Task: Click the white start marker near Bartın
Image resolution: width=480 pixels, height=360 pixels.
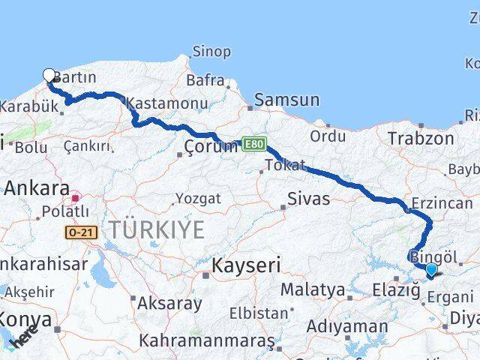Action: [x=49, y=75]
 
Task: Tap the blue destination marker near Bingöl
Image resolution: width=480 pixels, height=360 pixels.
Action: [x=431, y=269]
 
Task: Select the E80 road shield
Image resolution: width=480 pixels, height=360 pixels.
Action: [x=253, y=142]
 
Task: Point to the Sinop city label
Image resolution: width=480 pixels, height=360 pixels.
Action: [x=211, y=52]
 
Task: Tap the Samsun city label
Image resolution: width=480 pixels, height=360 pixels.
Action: [x=286, y=100]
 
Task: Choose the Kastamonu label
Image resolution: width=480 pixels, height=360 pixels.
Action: [x=166, y=103]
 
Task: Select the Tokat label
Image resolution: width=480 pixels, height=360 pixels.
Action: [x=284, y=165]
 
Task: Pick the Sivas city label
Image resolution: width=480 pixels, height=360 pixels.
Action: [x=309, y=199]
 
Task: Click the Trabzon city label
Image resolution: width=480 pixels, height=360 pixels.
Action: [x=421, y=138]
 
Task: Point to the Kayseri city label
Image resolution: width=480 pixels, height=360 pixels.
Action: [x=246, y=265]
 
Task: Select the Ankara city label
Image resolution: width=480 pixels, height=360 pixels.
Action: [x=37, y=189]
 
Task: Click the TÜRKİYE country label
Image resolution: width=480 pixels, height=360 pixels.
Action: [x=155, y=230]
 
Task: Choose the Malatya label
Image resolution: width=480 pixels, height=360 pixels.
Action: [x=313, y=289]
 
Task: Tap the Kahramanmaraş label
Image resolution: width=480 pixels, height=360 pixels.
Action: [x=207, y=341]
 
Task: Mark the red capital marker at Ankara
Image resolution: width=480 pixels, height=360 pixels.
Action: [x=75, y=199]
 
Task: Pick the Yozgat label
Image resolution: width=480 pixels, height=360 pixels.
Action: [x=197, y=199]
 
